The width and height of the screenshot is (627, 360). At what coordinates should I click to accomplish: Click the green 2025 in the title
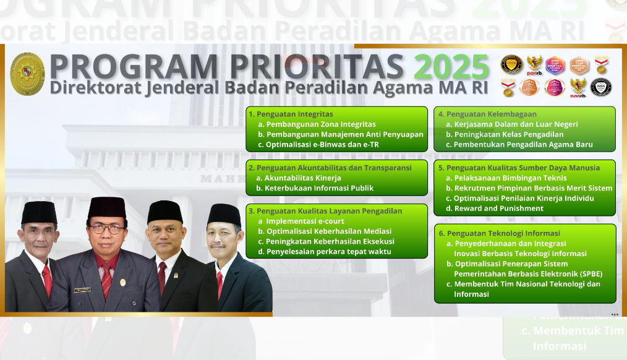click(x=451, y=66)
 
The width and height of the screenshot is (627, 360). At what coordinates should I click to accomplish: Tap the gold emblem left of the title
click(x=28, y=74)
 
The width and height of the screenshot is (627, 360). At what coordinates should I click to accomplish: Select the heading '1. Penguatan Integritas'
click(x=291, y=114)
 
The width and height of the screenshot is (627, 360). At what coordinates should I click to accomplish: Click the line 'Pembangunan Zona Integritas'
click(x=320, y=124)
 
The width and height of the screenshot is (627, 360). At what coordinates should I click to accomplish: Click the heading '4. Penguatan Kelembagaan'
click(x=487, y=114)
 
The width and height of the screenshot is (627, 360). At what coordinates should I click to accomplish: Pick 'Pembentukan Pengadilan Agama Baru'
click(x=523, y=145)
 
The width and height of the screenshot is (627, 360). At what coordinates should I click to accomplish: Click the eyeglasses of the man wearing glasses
click(x=106, y=228)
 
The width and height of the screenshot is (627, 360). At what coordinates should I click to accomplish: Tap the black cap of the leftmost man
click(x=39, y=212)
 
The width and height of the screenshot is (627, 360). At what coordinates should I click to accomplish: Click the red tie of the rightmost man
click(x=220, y=283)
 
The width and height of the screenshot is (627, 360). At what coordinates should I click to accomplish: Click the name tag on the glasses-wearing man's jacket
click(x=82, y=289)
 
